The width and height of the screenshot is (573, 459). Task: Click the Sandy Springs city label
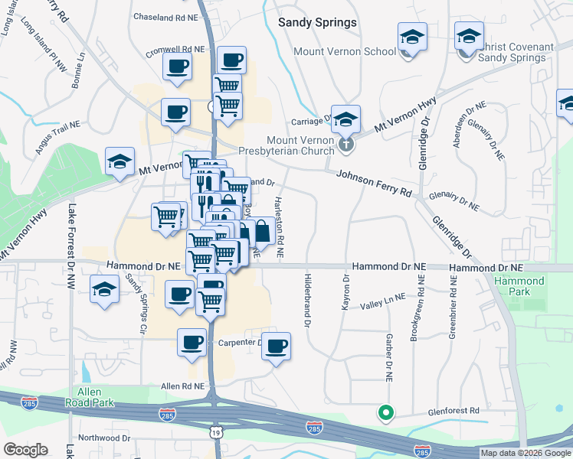click(x=317, y=22)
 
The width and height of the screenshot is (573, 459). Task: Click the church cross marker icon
click(x=346, y=142)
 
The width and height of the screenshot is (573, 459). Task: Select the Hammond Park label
click(x=519, y=286)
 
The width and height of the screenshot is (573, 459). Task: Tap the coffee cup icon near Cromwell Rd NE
click(x=177, y=67)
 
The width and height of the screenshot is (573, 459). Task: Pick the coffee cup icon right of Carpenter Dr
click(x=277, y=347)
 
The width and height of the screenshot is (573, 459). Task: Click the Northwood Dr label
click(x=104, y=438)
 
